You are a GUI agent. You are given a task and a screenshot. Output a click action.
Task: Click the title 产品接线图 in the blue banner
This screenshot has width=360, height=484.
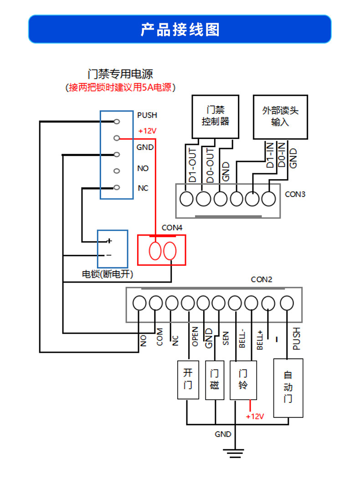point(180,30)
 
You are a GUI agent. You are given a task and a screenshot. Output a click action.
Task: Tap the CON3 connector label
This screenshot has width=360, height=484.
point(295,194)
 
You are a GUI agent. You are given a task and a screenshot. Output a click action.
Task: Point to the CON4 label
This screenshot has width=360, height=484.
point(172,228)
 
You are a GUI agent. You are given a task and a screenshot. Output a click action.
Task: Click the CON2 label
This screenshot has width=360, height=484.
point(262,280)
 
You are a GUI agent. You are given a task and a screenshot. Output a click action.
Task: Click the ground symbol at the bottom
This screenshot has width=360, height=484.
point(234,453)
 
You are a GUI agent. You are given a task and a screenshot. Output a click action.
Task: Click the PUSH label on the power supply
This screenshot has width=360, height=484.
point(147,115)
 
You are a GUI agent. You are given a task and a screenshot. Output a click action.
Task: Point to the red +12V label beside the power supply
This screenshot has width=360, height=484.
point(147,131)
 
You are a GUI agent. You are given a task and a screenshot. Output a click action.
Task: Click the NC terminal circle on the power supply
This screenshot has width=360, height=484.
point(117,187)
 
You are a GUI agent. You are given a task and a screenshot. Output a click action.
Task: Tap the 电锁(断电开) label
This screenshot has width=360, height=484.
point(107,274)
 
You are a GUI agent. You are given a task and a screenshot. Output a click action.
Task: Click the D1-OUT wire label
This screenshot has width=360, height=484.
point(192,165)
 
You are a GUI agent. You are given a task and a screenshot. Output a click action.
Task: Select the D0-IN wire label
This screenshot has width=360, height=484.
point(281,154)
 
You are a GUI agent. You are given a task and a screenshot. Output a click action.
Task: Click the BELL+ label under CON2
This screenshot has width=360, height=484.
point(260,340)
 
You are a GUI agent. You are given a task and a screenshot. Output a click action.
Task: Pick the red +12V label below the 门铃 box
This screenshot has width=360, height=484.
point(255,417)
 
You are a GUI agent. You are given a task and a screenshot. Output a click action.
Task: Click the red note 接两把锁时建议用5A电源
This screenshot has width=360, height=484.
point(120,88)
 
